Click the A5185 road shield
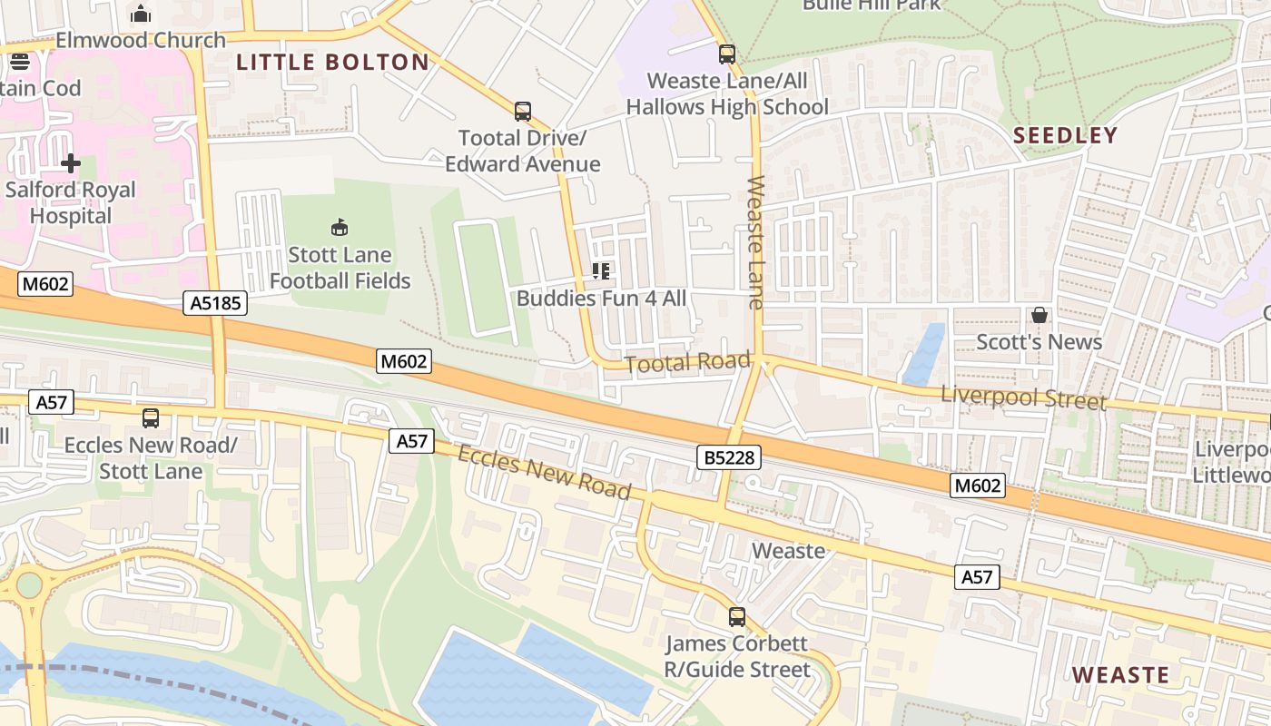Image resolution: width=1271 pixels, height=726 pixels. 216,302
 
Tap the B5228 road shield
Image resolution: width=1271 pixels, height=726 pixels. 729,457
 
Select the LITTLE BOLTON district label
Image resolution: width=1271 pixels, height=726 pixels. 332,62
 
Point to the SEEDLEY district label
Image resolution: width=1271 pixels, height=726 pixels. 1065,135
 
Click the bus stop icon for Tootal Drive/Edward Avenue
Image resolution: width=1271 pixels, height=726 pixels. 523,112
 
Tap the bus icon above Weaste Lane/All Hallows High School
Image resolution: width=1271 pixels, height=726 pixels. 727,54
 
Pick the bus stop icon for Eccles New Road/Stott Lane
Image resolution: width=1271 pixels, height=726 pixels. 151,418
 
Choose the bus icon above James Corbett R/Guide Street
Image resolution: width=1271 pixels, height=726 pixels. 737,617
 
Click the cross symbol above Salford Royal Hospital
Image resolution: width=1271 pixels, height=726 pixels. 71,163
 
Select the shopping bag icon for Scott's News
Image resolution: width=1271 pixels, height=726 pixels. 1039,315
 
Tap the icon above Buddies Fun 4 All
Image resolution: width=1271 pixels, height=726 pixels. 601,270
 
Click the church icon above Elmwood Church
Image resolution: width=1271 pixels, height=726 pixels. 141,14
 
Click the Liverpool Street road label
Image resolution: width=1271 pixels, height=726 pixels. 1023,397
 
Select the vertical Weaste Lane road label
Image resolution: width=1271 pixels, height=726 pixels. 755,242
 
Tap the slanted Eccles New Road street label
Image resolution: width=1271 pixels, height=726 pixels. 544,472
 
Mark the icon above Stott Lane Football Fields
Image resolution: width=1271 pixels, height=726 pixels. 340,227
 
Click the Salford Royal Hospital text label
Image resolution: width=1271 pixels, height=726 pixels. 71,203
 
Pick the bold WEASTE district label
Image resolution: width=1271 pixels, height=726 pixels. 1120,675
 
